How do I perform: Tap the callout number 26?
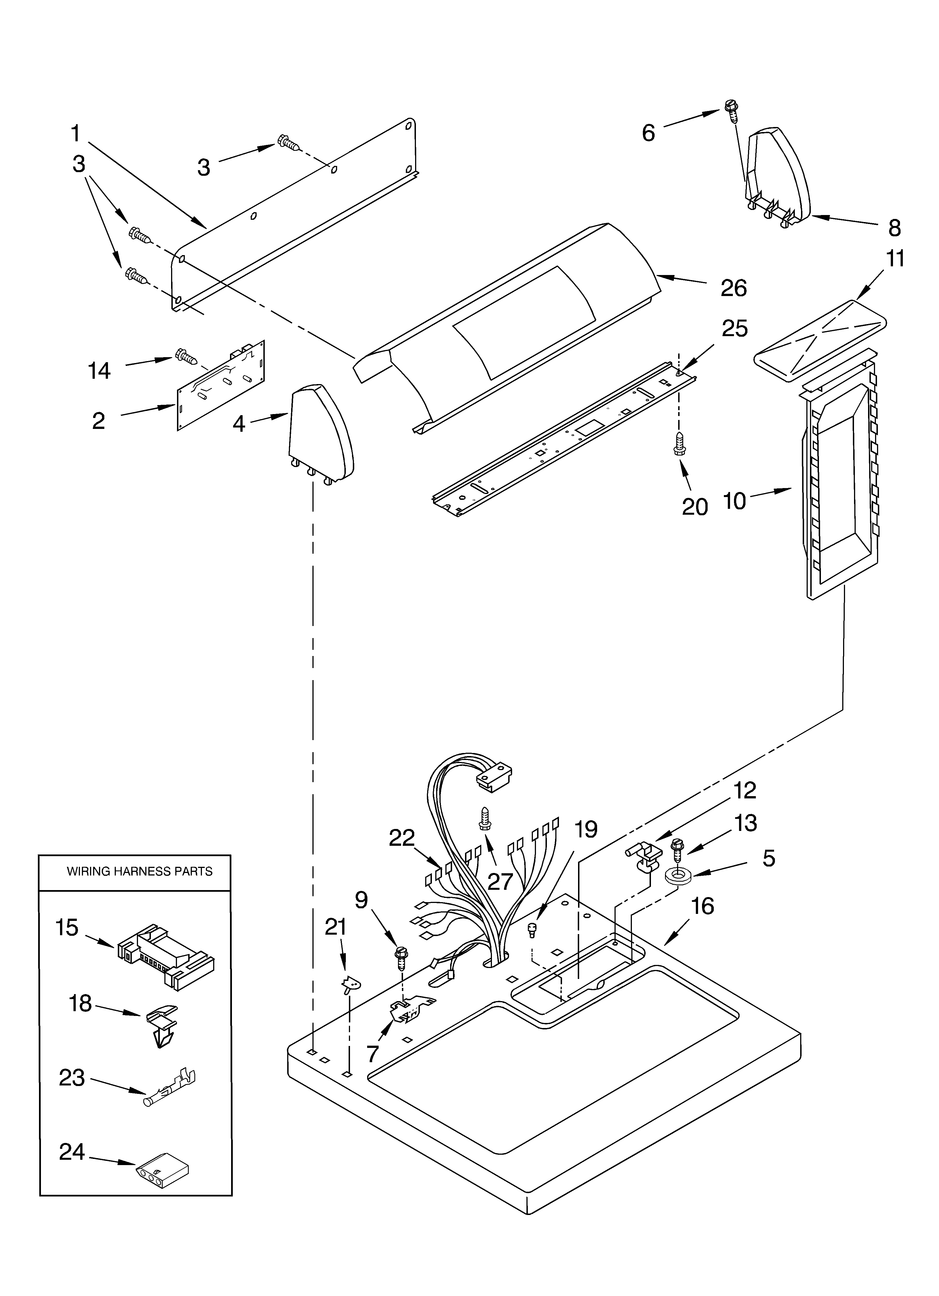(734, 288)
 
